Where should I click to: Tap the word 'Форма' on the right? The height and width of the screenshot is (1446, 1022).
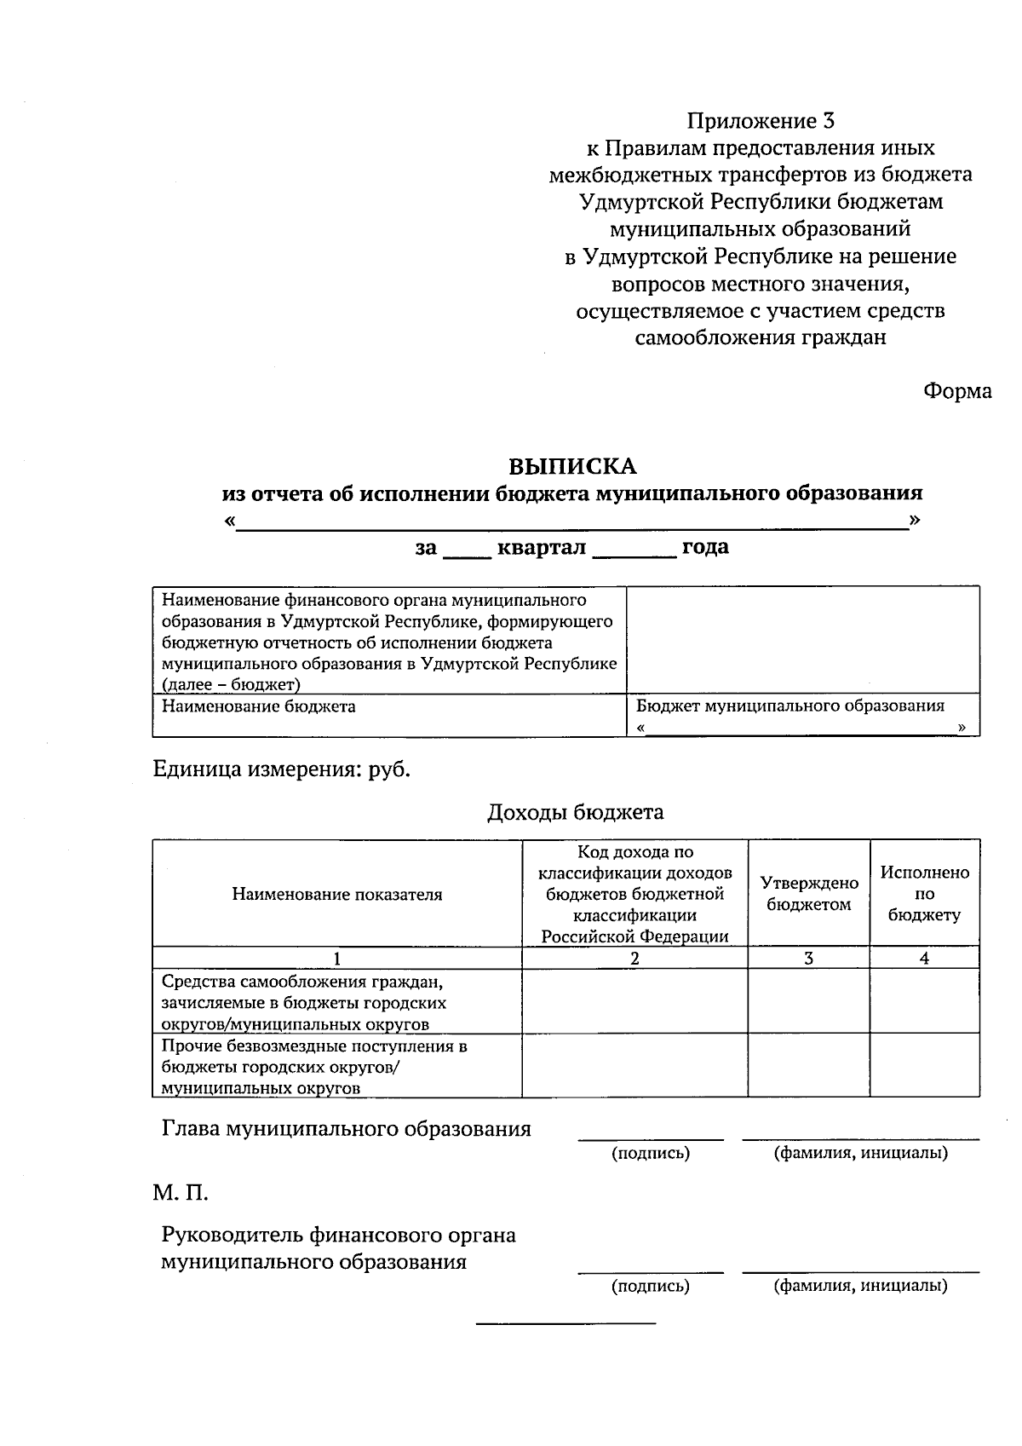point(957,391)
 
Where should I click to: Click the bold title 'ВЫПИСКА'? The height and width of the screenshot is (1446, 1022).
point(572,467)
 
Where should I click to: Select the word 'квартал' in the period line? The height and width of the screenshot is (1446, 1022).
point(541,547)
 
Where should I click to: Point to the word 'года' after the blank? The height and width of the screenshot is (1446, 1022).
point(705,547)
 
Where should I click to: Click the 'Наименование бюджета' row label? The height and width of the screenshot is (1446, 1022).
point(259,706)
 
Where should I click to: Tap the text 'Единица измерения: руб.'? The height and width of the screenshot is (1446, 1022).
point(282,769)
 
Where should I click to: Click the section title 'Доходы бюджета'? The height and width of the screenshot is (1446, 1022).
point(575,812)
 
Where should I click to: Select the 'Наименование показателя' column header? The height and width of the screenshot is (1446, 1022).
point(337,894)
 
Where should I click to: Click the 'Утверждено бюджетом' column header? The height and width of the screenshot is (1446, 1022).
point(809,894)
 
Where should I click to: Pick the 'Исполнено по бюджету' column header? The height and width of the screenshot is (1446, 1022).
point(924,894)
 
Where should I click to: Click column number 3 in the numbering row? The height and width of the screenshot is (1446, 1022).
point(809,958)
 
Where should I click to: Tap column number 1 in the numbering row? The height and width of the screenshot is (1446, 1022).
point(337,958)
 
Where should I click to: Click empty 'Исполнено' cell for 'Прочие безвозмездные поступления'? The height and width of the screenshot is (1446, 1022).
point(924,1066)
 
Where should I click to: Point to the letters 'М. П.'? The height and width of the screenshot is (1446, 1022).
point(181,1193)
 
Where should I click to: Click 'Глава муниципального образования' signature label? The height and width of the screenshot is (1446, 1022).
point(347,1129)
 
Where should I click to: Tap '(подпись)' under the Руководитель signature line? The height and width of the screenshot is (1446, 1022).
point(651,1286)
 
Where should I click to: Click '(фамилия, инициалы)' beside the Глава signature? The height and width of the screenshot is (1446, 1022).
point(860,1153)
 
